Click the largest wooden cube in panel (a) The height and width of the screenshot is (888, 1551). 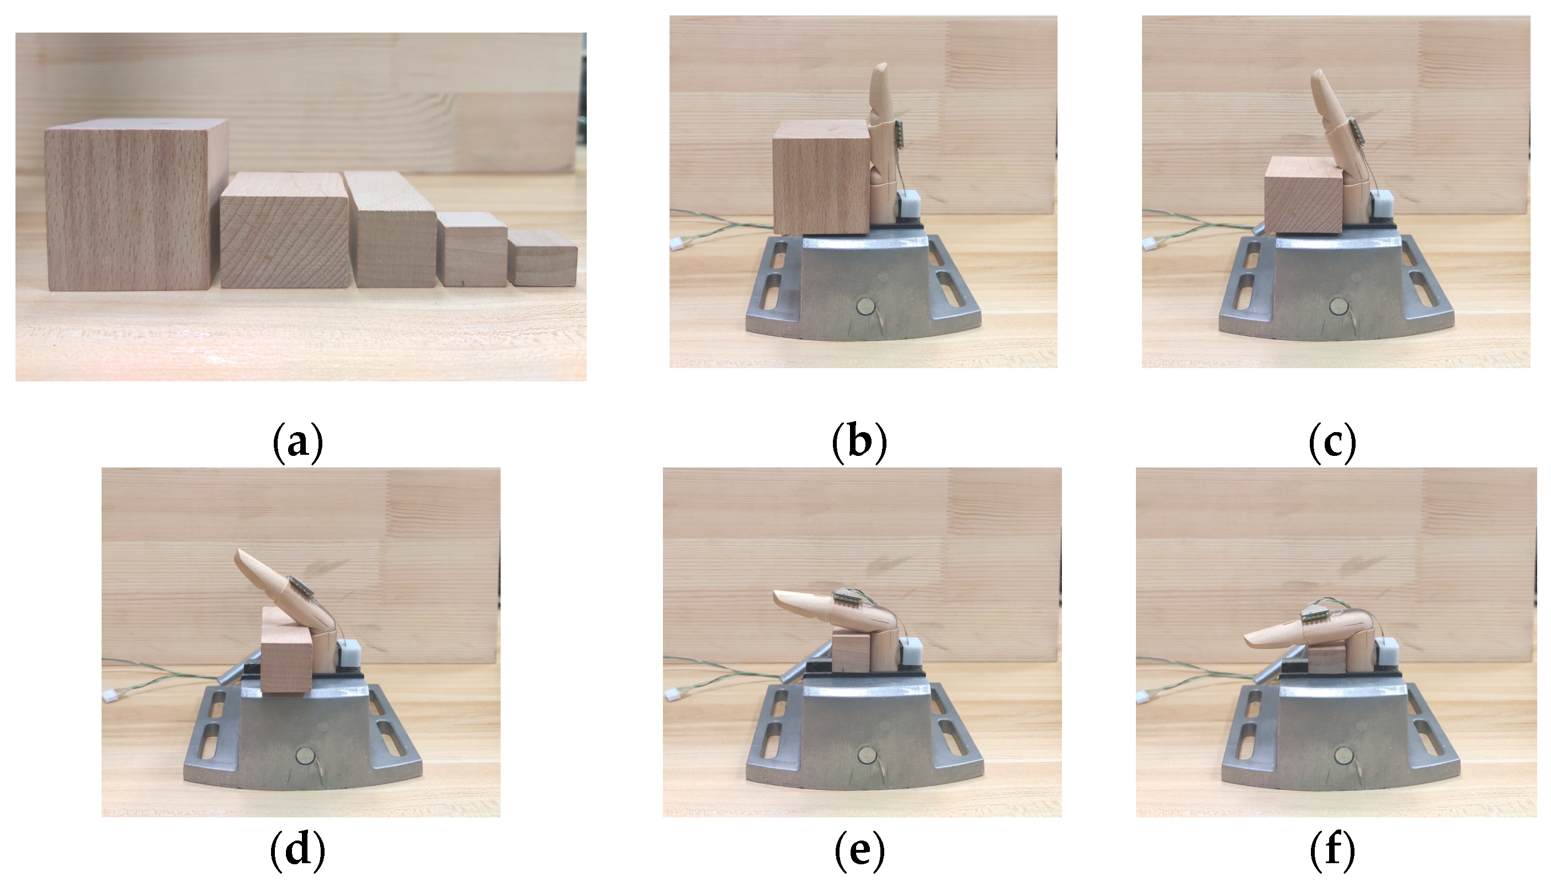point(135,204)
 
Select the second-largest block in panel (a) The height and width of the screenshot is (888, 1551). point(284,230)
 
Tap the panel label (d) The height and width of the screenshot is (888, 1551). point(297,851)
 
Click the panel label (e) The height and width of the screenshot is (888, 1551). point(859,851)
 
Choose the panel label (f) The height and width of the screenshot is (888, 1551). point(1332,851)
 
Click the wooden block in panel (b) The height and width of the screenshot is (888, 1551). point(821,177)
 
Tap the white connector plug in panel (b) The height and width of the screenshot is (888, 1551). point(676,243)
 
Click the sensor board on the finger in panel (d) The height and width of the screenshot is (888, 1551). point(300,586)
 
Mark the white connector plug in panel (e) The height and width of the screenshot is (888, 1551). point(673,695)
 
